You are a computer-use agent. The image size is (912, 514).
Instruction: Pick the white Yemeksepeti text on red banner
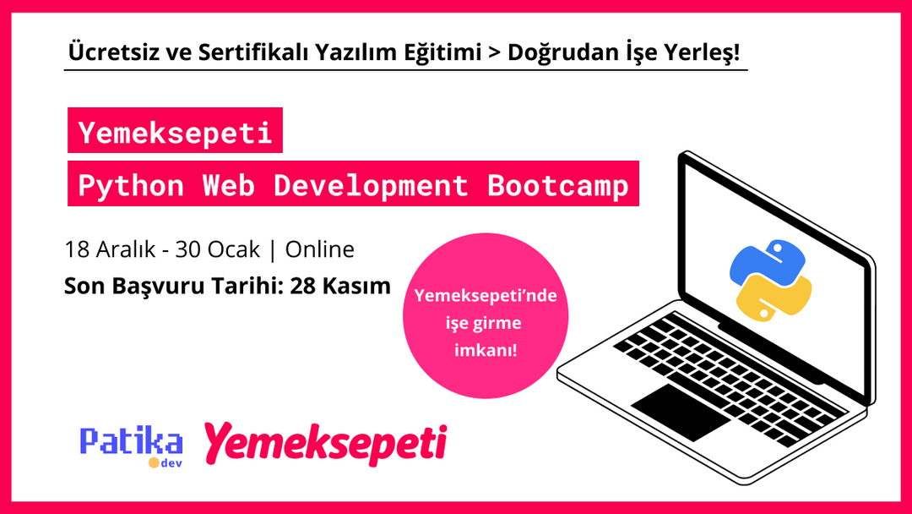(175, 134)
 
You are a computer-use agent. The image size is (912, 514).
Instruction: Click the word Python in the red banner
(131, 186)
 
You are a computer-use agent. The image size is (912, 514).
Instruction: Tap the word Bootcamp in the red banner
(558, 186)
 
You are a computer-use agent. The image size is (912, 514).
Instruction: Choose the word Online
(320, 250)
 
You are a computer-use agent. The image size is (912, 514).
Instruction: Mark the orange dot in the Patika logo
(154, 462)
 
